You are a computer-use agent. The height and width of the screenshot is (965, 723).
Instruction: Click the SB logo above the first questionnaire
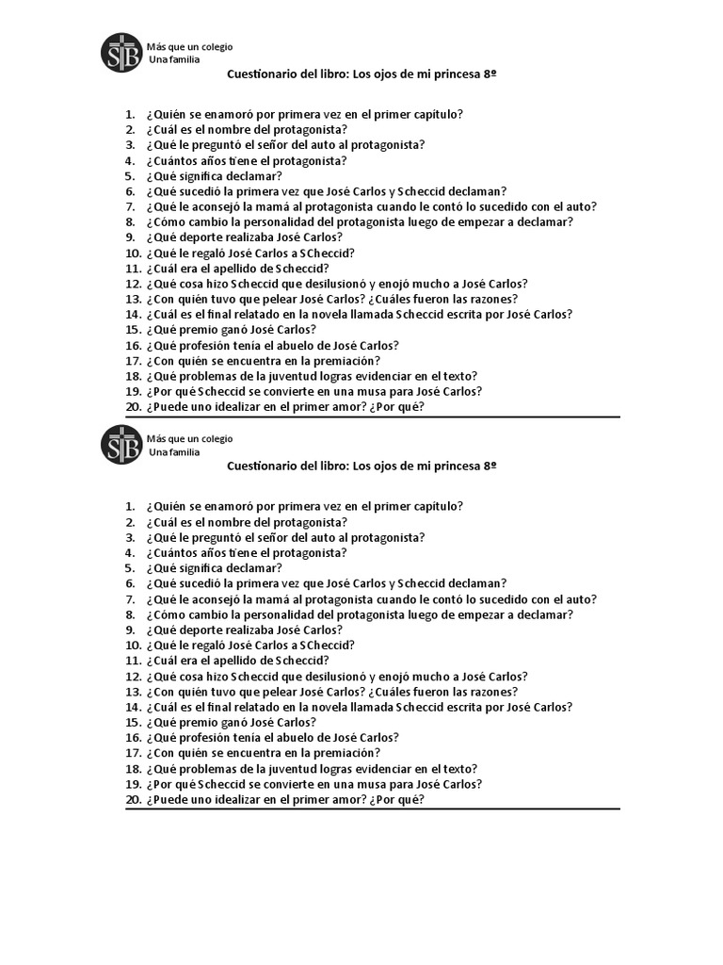click(121, 54)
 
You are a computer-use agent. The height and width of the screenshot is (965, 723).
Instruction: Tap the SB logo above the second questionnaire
click(121, 446)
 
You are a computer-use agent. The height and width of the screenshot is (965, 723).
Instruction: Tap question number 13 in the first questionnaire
click(132, 299)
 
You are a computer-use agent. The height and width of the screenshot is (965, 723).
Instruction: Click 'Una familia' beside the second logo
click(174, 452)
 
